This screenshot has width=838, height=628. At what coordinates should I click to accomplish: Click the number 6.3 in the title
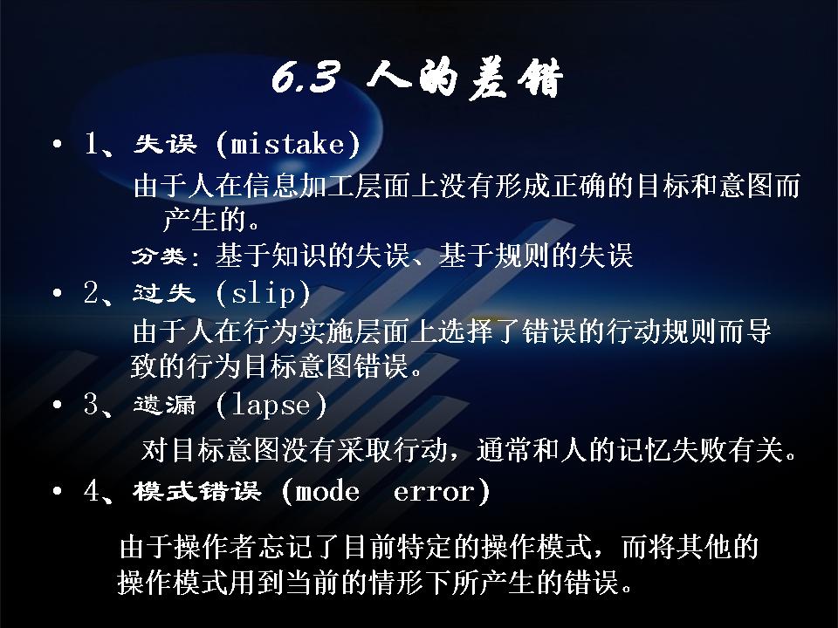point(306,78)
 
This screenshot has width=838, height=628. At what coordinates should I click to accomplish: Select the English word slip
point(264,293)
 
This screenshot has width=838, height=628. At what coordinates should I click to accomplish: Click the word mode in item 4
point(327,491)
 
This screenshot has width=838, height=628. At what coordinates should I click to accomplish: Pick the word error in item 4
point(434,492)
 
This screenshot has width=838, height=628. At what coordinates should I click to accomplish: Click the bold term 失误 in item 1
point(165,144)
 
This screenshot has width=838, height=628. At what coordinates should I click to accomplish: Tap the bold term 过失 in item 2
point(164,293)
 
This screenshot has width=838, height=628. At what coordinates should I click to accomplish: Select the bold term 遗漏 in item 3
point(165,405)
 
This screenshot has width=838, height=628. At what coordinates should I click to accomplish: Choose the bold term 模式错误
point(197,491)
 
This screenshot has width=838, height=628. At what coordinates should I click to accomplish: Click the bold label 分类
point(159,256)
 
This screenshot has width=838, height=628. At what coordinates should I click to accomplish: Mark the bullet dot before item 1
point(58,145)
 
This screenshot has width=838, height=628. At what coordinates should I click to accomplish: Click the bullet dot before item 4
point(58,491)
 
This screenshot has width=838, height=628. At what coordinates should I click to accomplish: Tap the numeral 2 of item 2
point(92,293)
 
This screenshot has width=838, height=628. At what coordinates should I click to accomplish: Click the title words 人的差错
point(464,78)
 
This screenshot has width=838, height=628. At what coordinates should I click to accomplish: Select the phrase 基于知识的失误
point(313,256)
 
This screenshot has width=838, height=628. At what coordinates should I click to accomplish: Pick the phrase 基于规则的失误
point(536,256)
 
